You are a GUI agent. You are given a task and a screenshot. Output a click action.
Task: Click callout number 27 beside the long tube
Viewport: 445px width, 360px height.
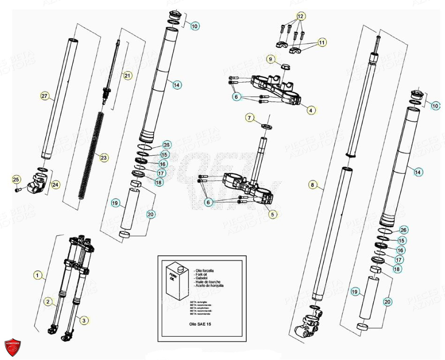[x=45, y=96]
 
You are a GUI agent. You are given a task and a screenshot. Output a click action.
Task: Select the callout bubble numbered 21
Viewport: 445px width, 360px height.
[x=128, y=75]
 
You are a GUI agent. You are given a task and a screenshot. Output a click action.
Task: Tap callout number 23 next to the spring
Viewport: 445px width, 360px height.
[x=104, y=158]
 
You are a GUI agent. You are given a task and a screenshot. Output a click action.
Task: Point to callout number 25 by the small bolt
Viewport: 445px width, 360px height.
[x=16, y=180]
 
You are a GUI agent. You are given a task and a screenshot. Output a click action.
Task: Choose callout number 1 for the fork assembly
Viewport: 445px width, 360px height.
[x=38, y=273]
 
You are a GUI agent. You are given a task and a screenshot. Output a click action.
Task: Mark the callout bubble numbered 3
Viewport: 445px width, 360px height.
[x=83, y=321]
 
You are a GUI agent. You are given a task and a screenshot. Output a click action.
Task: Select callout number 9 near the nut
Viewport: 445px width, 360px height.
[x=271, y=59]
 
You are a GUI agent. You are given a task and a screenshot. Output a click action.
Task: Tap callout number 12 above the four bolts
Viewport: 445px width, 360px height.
[x=301, y=16]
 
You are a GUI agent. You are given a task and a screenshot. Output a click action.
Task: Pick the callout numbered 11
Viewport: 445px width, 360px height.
[x=322, y=43]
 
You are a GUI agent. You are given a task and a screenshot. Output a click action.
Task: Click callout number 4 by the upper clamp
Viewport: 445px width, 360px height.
[x=310, y=111]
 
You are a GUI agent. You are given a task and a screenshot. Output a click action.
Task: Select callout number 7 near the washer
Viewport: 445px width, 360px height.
[x=250, y=117]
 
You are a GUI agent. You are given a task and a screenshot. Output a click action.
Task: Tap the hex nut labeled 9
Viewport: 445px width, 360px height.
[x=284, y=65]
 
